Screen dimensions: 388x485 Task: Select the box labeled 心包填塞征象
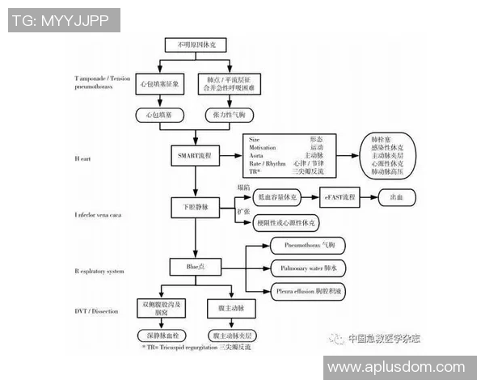point(162,82)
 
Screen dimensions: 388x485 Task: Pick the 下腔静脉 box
point(195,207)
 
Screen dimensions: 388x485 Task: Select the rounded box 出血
point(398,196)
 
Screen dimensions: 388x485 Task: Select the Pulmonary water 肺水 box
point(309,267)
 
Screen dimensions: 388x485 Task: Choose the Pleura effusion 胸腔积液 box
point(309,291)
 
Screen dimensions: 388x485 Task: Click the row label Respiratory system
point(99,272)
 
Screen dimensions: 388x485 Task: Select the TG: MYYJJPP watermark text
point(60,21)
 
